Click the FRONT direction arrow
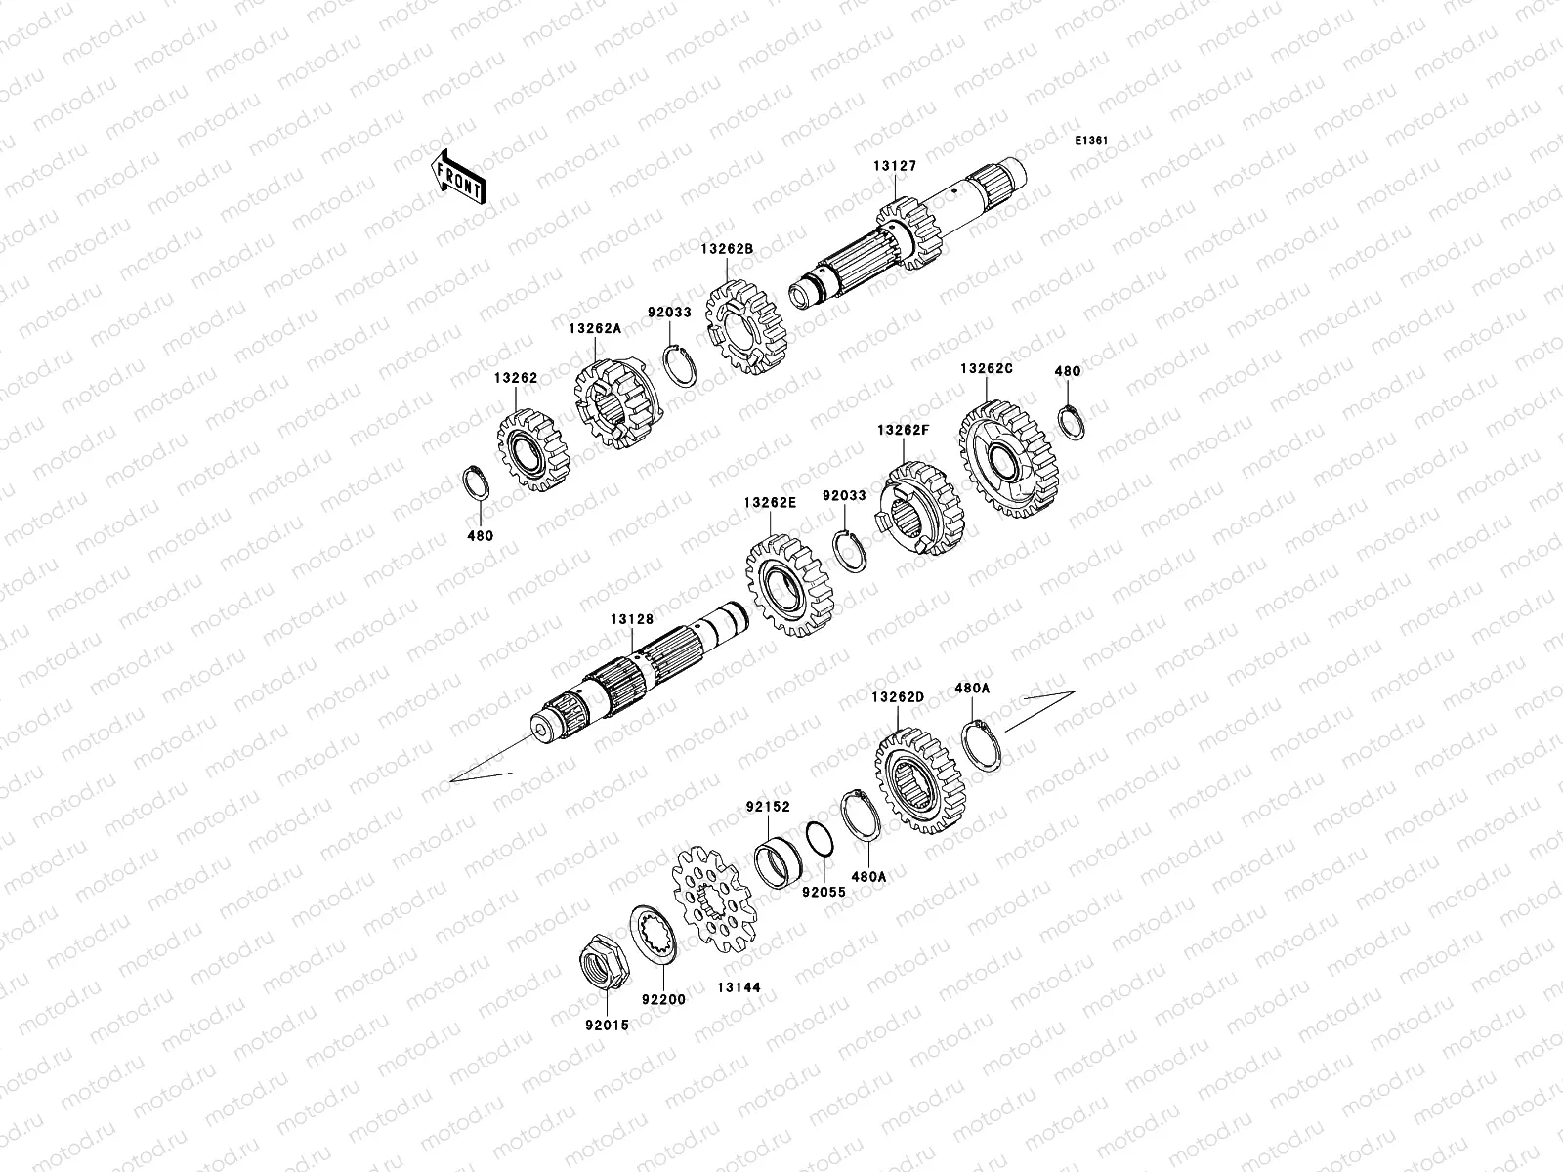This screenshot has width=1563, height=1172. (458, 177)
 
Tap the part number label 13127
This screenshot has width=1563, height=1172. (895, 166)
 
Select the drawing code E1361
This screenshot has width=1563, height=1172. (1091, 141)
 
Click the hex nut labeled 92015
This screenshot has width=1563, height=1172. (605, 962)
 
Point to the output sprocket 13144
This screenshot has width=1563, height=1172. (714, 899)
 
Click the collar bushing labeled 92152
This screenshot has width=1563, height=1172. (779, 863)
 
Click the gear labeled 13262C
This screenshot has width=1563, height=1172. (1008, 458)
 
